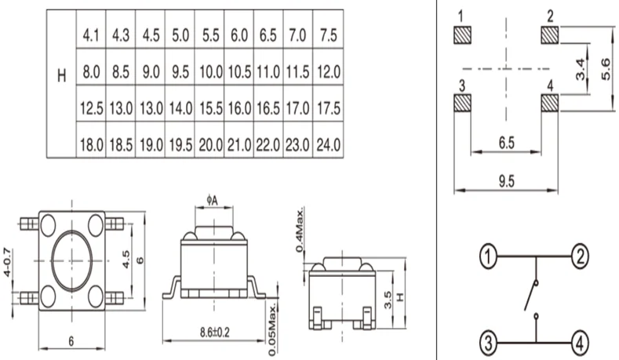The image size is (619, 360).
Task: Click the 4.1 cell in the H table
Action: tap(91, 35)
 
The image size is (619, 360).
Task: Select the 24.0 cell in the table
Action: tap(327, 145)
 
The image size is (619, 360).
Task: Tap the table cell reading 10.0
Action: tap(209, 72)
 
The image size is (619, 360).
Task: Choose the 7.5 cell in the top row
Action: tap(327, 35)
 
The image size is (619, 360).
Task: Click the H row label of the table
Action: tap(61, 76)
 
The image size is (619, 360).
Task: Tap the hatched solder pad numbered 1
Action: tap(463, 35)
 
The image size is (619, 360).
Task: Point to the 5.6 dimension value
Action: tap(605, 69)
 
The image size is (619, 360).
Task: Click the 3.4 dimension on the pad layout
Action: tap(580, 69)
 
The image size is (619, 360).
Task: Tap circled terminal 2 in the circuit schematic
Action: tap(579, 256)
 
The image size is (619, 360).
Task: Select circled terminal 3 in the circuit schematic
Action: tap(488, 343)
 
